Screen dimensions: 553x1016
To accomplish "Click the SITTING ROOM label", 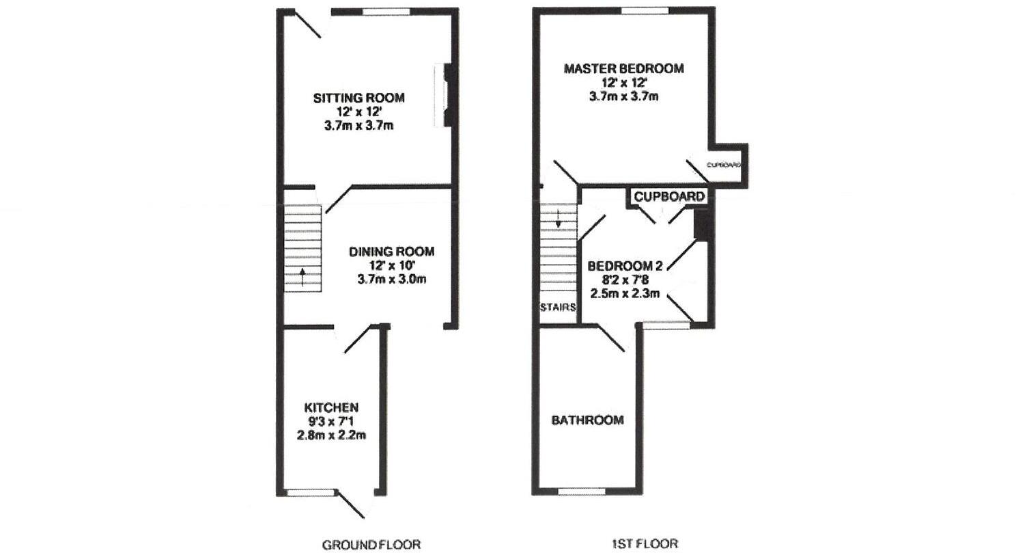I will [358, 98].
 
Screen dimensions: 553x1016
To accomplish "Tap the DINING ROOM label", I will [391, 252].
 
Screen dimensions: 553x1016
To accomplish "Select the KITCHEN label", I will [331, 407].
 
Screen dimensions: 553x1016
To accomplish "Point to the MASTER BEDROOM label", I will [623, 68].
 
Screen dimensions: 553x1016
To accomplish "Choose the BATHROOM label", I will [587, 420].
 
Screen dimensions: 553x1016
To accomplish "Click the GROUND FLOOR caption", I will [371, 545].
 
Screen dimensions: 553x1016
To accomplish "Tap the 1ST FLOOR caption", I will [645, 544].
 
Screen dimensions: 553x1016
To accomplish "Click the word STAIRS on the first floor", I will [558, 307].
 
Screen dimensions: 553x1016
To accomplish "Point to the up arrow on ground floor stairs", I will [303, 276].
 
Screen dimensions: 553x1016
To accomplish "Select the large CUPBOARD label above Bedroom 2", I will [669, 197].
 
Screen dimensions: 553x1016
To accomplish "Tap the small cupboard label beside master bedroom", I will [723, 165].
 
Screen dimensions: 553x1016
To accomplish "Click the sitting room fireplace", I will [447, 95].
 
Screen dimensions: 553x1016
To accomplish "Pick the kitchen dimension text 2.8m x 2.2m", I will [331, 435].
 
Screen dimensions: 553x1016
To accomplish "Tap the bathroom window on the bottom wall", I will [581, 491].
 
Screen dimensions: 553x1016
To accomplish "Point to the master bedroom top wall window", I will [644, 11].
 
